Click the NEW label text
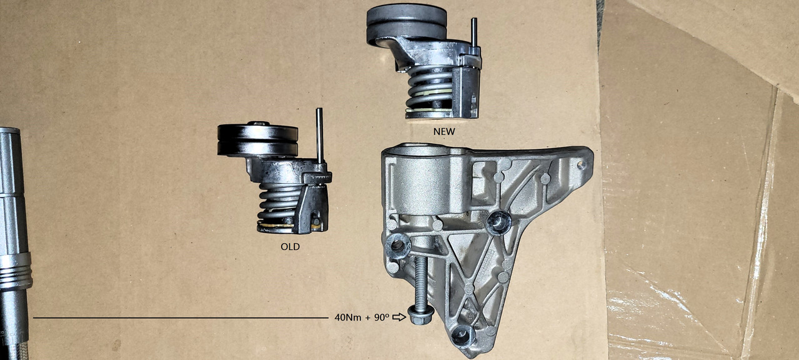(444, 132)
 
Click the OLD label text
(290, 246)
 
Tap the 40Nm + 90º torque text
(362, 317)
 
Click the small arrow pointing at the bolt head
(399, 317)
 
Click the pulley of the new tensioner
(407, 22)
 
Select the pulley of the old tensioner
(257, 140)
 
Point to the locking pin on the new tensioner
(474, 34)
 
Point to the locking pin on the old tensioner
(320, 136)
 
